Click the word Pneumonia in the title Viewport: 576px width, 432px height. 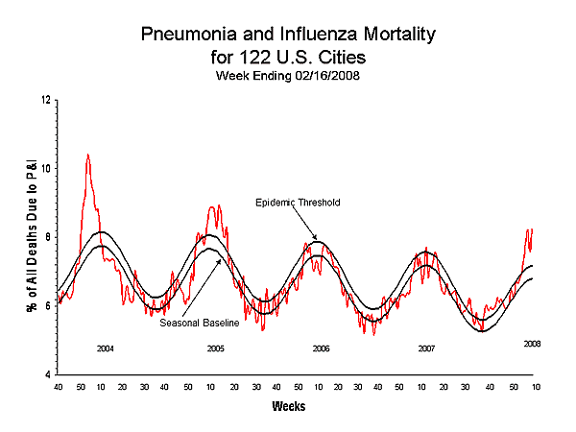tap(189, 36)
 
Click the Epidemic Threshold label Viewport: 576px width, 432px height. tap(297, 203)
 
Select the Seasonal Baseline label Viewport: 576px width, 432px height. tap(199, 323)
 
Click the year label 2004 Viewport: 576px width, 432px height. tap(106, 348)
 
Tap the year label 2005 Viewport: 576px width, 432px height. tap(216, 348)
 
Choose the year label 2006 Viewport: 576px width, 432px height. tap(321, 348)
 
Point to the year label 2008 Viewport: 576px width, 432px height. tap(532, 343)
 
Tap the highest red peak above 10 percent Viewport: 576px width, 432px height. tap(88, 155)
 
